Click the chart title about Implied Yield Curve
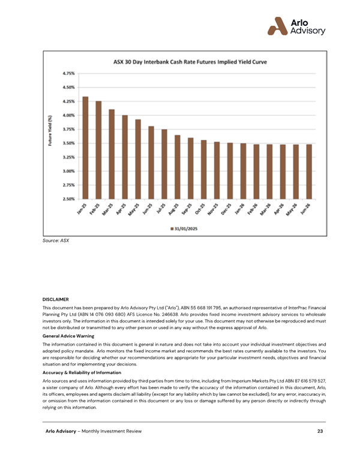coord(190,62)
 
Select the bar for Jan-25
coord(85,147)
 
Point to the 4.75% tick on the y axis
coord(68,73)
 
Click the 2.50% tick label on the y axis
coord(68,199)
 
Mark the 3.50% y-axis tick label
coord(68,143)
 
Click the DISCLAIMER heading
coord(56,298)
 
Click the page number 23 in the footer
coord(321,432)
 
